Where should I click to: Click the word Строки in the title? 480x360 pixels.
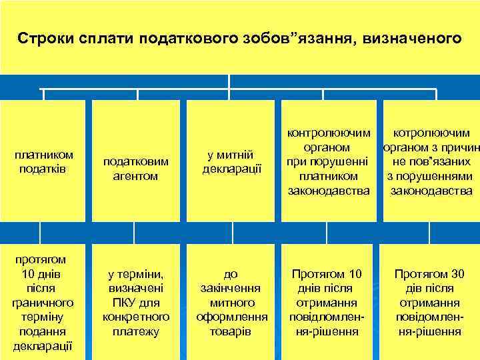[x=43, y=37]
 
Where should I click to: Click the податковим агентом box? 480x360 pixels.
[x=136, y=169]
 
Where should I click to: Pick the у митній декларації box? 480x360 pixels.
[x=230, y=162]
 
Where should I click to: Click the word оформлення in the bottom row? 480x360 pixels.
[x=231, y=316]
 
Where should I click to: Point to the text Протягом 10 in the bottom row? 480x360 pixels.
[x=327, y=274]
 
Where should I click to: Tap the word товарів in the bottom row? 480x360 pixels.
[x=231, y=331]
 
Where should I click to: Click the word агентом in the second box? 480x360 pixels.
[x=136, y=176]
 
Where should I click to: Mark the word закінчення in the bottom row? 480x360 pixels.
[x=231, y=288]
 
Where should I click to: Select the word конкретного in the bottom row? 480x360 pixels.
[x=136, y=316]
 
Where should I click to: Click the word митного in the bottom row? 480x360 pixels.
[x=231, y=302]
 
